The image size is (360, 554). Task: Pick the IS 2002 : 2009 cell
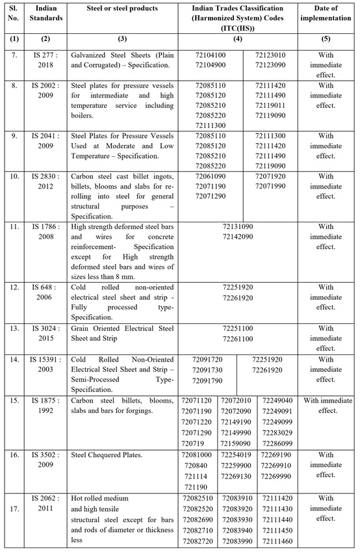click(x=45, y=89)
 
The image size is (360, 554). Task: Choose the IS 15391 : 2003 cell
click(x=45, y=363)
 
